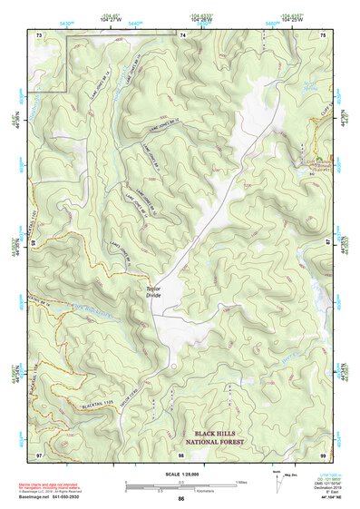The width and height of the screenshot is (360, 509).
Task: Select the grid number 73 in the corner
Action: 39,34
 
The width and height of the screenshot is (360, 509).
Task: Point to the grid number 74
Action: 182,34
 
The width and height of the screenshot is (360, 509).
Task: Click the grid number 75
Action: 323,34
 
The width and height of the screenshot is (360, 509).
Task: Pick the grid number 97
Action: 39,454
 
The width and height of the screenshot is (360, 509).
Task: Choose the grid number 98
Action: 181,454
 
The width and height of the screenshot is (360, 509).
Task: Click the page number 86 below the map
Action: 181,499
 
